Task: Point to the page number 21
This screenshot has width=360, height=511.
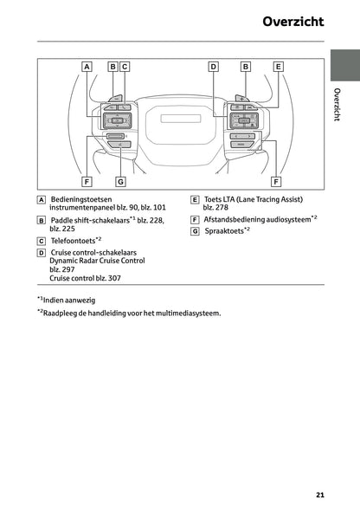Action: coord(320,495)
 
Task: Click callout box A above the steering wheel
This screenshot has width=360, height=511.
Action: coord(87,66)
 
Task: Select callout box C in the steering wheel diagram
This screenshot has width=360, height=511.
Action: coord(125,66)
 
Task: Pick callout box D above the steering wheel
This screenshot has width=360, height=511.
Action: coord(213,66)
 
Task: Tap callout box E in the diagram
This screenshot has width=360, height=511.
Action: coord(278,66)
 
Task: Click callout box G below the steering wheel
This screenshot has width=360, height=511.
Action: coord(120,182)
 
